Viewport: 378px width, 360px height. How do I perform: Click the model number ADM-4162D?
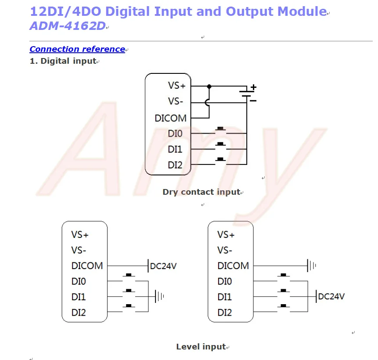[x=68, y=26]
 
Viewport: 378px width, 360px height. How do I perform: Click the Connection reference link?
[x=77, y=49]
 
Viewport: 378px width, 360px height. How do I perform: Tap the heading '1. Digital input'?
[x=63, y=61]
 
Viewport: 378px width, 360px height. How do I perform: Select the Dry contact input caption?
[x=202, y=192]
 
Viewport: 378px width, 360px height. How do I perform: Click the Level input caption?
[x=202, y=346]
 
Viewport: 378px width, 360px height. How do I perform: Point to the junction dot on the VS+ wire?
[x=209, y=87]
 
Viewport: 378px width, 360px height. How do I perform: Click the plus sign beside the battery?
[x=253, y=87]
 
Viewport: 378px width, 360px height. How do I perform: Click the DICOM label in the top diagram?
[x=171, y=118]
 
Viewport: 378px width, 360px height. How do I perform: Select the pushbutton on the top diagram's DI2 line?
[x=220, y=161]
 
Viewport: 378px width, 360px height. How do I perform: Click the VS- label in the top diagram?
[x=176, y=101]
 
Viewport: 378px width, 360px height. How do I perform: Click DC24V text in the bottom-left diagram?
[x=163, y=266]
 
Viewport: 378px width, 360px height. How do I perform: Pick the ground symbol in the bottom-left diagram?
[x=159, y=296]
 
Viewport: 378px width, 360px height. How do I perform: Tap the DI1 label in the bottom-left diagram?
[x=79, y=297]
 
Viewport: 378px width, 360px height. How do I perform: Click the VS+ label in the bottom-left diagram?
[x=80, y=235]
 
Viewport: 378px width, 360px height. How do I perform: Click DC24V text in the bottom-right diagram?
[x=331, y=296]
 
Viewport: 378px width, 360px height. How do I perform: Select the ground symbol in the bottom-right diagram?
[x=311, y=265]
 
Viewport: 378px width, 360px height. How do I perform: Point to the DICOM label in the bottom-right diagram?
[x=233, y=265]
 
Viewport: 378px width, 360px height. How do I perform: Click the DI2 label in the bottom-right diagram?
[x=225, y=313]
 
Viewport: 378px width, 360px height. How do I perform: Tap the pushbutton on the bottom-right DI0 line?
[x=284, y=277]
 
